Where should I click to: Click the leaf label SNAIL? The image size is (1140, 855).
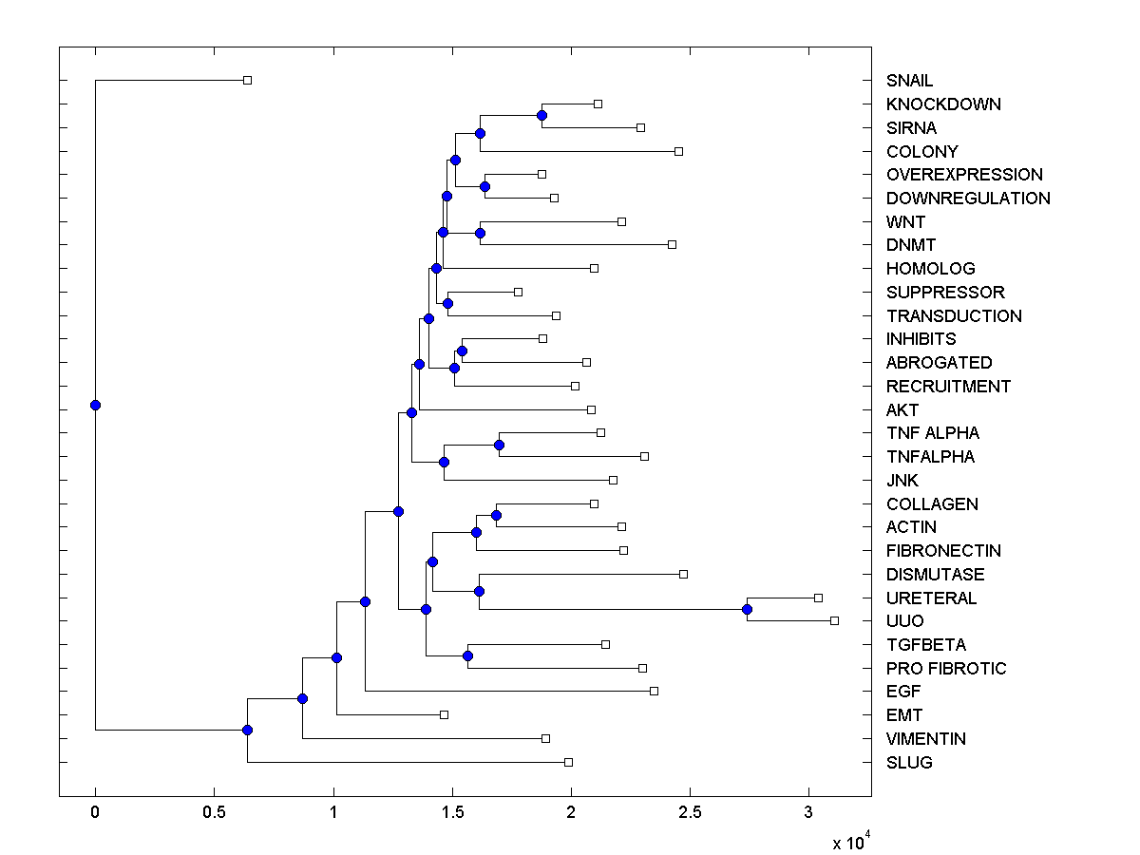[x=909, y=81]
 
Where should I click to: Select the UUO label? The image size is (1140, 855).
[x=904, y=621]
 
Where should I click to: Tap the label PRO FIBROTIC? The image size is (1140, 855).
[x=945, y=669]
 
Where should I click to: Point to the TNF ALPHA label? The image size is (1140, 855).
[x=932, y=433]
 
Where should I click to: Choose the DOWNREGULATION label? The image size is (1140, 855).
[x=968, y=199]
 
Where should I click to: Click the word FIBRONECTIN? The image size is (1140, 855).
[x=943, y=551]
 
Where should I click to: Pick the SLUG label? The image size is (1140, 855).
[x=909, y=763]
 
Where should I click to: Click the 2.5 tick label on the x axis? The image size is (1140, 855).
[x=690, y=813]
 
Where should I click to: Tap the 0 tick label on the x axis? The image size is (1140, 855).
[x=95, y=813]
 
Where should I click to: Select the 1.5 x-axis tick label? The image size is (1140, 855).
[x=452, y=813]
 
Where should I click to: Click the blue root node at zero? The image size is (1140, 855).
[x=95, y=405]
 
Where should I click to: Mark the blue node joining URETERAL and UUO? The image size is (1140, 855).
[x=748, y=609]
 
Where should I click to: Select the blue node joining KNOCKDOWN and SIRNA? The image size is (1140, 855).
[x=541, y=115]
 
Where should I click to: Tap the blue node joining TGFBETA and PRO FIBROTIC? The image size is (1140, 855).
[x=467, y=656]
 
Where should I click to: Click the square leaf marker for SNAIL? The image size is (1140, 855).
[x=247, y=80]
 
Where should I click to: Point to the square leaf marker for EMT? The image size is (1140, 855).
[x=444, y=714]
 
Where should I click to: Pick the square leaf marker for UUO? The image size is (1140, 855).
[x=834, y=620]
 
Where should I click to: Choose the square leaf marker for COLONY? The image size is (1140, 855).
[x=678, y=151]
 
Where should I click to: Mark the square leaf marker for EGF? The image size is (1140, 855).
[x=654, y=691]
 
